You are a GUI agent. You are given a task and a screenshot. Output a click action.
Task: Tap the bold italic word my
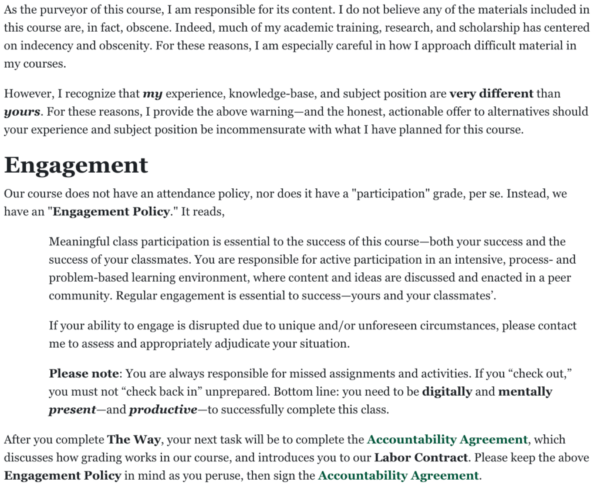[x=153, y=93]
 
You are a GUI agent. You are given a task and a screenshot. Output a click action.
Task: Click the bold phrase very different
[x=491, y=93]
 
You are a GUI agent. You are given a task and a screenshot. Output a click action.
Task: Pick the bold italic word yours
[x=22, y=112]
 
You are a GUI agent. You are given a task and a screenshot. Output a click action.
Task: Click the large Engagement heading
[x=76, y=165]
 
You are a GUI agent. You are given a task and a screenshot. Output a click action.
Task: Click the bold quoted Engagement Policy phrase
[x=111, y=212]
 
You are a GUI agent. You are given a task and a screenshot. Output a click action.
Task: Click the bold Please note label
[x=84, y=373]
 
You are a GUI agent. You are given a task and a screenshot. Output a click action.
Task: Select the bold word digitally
[x=447, y=392]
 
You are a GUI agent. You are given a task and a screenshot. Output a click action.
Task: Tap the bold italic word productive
[x=163, y=410]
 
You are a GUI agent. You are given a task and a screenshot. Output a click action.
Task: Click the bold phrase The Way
[x=131, y=439]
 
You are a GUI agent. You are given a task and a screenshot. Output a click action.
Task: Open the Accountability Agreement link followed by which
[x=447, y=439]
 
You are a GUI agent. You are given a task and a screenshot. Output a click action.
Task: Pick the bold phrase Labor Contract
[x=421, y=457]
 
